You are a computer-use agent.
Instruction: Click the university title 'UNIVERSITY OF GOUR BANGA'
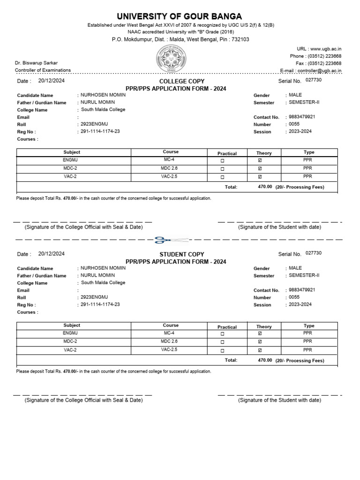pos(180,16)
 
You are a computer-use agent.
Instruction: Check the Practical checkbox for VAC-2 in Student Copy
pos(222,350)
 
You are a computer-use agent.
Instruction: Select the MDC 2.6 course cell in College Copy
pos(169,168)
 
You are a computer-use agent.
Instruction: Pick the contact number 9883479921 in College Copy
pos(302,117)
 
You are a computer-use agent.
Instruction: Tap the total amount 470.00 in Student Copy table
pos(265,360)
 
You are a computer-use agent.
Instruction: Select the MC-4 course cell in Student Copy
pos(169,333)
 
